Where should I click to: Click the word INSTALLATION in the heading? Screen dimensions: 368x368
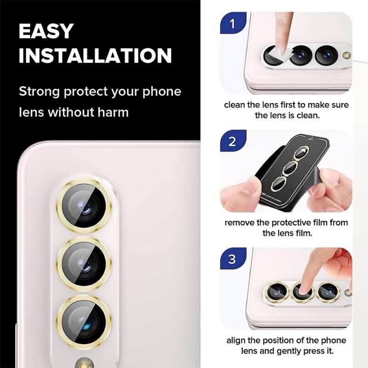95,55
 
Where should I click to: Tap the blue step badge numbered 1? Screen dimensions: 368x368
233,23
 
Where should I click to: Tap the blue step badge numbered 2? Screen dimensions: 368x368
233,141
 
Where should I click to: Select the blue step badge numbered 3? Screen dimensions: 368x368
233,259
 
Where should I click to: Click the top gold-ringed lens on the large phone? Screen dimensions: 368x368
84,206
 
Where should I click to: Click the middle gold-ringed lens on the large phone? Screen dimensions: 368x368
84,264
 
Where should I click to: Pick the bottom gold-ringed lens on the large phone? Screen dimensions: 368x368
84,322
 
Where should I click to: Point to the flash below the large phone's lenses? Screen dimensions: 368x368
84,362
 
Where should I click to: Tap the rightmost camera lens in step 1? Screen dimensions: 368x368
326,55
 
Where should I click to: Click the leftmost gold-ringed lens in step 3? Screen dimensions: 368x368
277,292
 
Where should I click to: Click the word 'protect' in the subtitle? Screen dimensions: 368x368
86,92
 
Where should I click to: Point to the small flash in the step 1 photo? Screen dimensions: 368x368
346,55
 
